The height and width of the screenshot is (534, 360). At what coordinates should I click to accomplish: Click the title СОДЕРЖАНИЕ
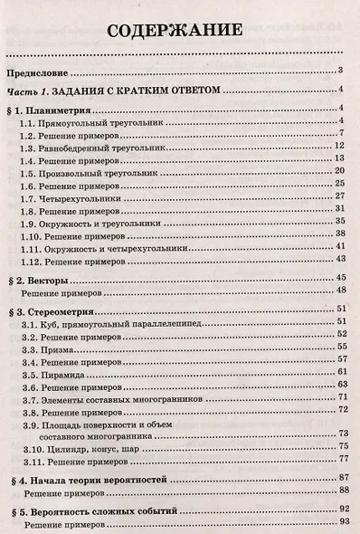(x=175, y=31)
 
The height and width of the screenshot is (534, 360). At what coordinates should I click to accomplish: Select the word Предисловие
(x=37, y=72)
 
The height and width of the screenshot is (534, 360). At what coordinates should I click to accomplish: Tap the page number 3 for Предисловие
(x=336, y=72)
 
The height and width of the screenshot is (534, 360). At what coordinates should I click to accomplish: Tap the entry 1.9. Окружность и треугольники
(x=91, y=220)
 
